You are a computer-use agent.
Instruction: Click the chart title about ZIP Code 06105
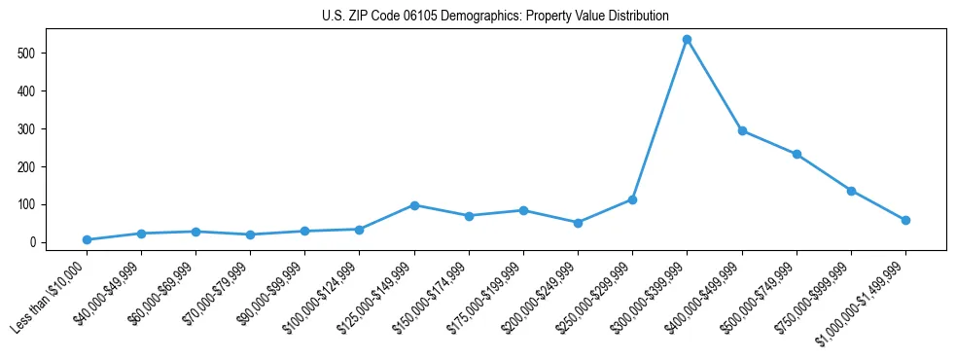(495, 17)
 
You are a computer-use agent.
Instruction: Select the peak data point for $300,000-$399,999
(687, 40)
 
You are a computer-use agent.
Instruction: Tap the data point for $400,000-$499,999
(742, 130)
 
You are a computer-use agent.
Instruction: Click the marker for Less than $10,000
(87, 239)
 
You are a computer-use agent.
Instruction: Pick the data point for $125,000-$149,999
(414, 205)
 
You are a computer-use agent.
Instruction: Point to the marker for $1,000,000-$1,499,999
(905, 220)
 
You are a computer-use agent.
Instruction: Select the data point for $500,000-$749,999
(797, 154)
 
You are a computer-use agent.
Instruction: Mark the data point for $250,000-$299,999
(632, 199)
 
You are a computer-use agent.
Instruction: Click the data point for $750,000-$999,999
(851, 191)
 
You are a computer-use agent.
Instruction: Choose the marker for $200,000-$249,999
(578, 223)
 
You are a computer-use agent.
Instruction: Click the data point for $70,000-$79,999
(250, 234)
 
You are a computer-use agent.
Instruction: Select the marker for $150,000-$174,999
(469, 216)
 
